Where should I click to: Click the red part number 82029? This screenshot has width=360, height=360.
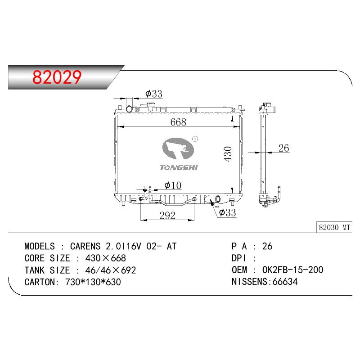pyautogui.click(x=57, y=77)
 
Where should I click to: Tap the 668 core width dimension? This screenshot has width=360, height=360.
pyautogui.click(x=178, y=122)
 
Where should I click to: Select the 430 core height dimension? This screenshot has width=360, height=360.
pyautogui.click(x=228, y=154)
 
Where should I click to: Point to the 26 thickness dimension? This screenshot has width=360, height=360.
pyautogui.click(x=283, y=148)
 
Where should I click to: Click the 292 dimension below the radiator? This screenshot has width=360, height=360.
pyautogui.click(x=167, y=216)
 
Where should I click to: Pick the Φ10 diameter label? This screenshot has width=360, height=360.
pyautogui.click(x=173, y=185)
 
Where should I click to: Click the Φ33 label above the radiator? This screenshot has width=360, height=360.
pyautogui.click(x=154, y=94)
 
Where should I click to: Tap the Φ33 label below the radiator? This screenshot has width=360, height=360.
pyautogui.click(x=228, y=212)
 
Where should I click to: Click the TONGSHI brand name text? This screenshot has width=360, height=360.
pyautogui.click(x=179, y=167)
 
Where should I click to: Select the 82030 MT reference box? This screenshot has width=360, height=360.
pyautogui.click(x=334, y=227)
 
